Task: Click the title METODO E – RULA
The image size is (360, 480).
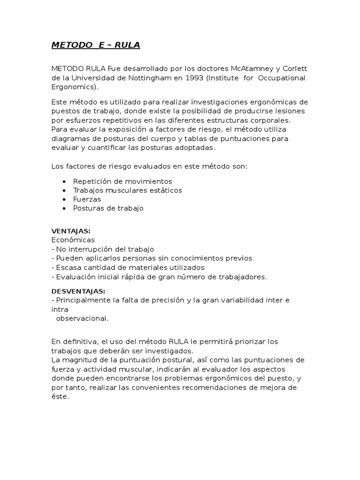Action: click(x=95, y=45)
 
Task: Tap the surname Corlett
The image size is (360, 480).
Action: click(x=292, y=69)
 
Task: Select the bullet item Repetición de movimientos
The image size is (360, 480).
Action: click(x=122, y=181)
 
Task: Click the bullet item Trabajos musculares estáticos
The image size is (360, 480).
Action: click(x=127, y=190)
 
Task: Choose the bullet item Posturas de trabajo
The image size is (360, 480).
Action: click(x=108, y=208)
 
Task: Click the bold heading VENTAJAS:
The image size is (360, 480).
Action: click(x=71, y=231)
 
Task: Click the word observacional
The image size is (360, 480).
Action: click(x=82, y=318)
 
